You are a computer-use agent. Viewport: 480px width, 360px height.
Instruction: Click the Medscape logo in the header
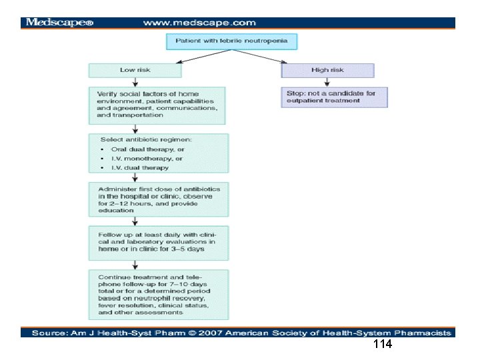[x=59, y=23]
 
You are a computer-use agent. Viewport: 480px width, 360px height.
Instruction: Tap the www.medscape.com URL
[x=199, y=23]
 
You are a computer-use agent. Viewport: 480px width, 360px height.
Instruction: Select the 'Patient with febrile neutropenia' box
[x=231, y=41]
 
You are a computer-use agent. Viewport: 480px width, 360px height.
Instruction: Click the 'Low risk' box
[x=135, y=71]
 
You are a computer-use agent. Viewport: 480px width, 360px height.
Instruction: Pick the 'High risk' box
[x=327, y=71]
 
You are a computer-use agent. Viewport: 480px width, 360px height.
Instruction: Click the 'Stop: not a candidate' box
[x=334, y=97]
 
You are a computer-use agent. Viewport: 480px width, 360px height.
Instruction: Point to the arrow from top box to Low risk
[x=204, y=56]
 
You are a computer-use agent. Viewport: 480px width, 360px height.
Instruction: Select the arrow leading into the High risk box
[x=259, y=56]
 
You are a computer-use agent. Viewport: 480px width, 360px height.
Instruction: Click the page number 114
[x=383, y=344]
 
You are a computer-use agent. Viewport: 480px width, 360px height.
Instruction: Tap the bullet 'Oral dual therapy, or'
[x=147, y=149]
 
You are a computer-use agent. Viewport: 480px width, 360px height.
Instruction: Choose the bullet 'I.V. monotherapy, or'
[x=147, y=159]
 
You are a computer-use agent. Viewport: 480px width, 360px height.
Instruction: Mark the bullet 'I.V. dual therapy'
[x=140, y=168]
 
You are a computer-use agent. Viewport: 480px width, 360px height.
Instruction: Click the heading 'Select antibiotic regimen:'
[x=146, y=139]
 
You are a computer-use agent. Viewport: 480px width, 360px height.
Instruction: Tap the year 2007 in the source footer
[x=210, y=333]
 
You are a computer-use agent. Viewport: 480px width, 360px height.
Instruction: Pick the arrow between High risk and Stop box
[x=327, y=82]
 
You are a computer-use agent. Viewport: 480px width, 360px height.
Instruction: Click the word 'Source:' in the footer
[x=50, y=333]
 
